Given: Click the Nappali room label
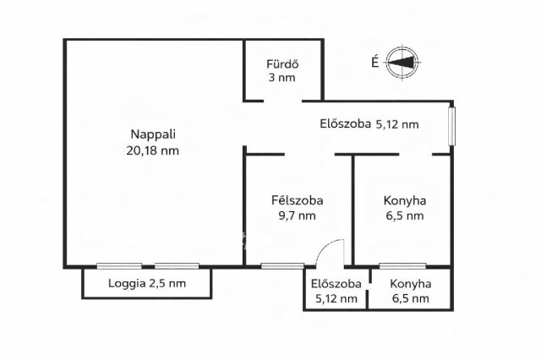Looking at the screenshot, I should click(x=154, y=134).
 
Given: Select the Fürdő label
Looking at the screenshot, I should click(x=283, y=64).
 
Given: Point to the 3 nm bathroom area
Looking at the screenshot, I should click(x=283, y=79).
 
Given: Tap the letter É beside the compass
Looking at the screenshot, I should click(x=374, y=61).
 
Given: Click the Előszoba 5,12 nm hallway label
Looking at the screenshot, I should click(x=369, y=124).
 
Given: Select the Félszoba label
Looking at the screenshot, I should click(x=297, y=200).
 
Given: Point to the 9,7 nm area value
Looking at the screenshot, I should click(x=297, y=215).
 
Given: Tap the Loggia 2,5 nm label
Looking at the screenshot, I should click(x=147, y=283).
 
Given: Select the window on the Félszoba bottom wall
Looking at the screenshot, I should click(x=281, y=266).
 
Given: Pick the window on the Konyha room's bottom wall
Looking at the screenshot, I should click(x=402, y=266).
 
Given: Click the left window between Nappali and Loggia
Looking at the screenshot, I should click(x=118, y=266).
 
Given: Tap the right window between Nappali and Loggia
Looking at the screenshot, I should click(x=176, y=266).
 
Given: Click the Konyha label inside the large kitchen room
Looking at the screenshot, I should click(x=404, y=200).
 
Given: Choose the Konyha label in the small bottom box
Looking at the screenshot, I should click(x=410, y=283).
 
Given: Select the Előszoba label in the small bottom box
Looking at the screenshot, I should click(x=336, y=283).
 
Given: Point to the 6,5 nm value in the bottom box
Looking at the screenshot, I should click(x=410, y=298).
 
